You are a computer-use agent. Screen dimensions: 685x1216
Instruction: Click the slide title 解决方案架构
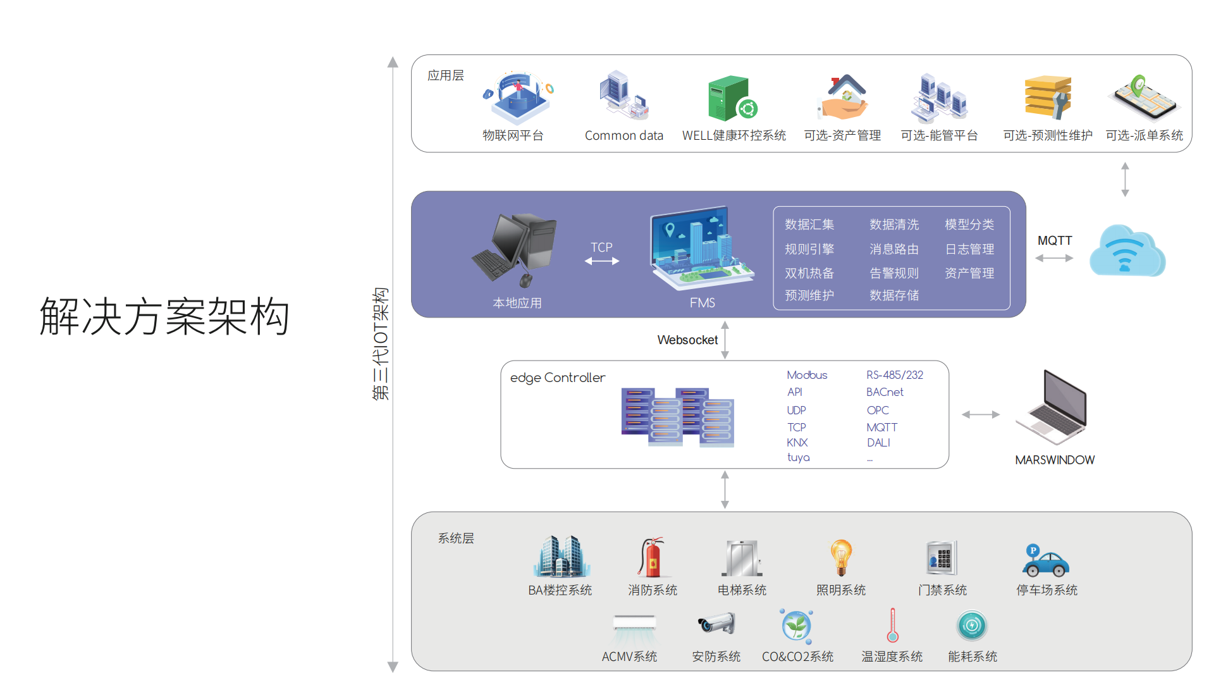164,316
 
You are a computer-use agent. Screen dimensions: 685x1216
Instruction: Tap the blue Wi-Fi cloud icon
1126,252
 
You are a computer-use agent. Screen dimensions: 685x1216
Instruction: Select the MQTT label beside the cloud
1054,241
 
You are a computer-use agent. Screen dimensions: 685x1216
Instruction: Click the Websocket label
687,340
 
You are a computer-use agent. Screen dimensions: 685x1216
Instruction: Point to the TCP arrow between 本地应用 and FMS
601,261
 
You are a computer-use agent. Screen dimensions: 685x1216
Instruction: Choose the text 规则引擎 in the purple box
809,249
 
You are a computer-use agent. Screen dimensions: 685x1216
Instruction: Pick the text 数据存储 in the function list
894,295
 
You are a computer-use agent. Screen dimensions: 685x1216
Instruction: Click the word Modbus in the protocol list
807,375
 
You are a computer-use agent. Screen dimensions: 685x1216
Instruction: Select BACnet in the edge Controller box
885,392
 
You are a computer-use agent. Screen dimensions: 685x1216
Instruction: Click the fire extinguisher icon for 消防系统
651,557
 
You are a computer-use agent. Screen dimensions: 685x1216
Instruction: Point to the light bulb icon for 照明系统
841,557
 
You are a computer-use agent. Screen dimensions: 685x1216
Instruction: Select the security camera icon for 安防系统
716,624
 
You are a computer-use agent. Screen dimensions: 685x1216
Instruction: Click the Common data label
623,135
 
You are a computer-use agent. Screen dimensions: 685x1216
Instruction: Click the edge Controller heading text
557,378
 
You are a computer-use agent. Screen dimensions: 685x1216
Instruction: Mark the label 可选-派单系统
1144,135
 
